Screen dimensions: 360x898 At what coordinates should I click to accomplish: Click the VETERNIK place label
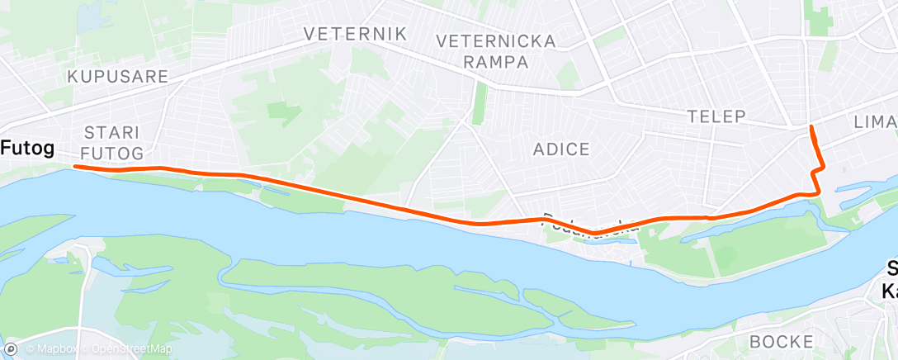(355, 34)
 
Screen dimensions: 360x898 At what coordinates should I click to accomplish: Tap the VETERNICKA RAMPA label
(495, 51)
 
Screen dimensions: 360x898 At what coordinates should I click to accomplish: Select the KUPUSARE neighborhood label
(118, 77)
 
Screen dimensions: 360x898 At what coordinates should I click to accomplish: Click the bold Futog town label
(29, 149)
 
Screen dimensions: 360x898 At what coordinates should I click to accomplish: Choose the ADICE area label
(561, 149)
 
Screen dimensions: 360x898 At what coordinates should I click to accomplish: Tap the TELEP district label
(717, 116)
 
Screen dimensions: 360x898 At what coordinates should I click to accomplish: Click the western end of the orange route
(76, 167)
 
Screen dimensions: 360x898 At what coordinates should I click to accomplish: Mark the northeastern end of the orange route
(811, 126)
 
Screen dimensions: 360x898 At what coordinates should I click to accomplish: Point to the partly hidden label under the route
(589, 225)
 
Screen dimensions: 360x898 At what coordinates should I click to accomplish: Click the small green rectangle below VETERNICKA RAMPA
(478, 105)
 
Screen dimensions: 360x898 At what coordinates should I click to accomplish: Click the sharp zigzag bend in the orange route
(816, 169)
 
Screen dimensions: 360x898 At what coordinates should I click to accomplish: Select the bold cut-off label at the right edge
(890, 279)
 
